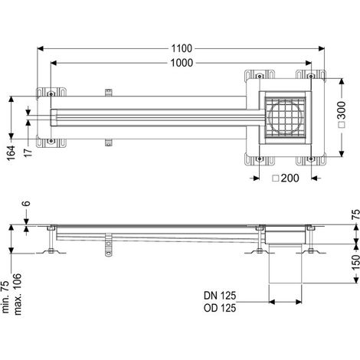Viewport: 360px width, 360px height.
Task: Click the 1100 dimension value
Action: (182, 48)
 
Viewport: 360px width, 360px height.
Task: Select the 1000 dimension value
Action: (182, 63)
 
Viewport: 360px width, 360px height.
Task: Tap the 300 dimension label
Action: (341, 110)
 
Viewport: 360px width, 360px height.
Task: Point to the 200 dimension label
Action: (290, 178)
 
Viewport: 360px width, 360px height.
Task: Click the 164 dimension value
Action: (11, 153)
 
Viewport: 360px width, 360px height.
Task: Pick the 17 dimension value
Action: (28, 152)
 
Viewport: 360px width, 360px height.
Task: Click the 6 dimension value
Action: (26, 204)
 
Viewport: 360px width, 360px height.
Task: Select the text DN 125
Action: (220, 296)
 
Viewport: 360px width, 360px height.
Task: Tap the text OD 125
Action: (220, 308)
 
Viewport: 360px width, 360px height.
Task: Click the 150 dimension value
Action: (355, 262)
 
